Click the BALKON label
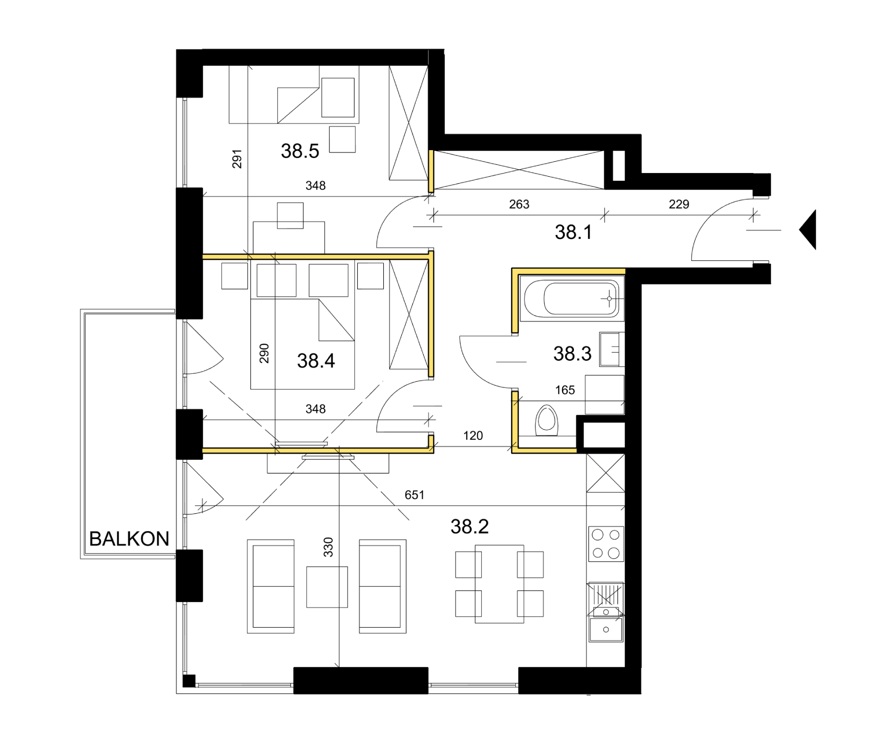(x=129, y=539)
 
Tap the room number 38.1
(x=573, y=232)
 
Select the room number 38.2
(x=469, y=526)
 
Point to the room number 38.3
(x=572, y=353)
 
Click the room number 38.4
(x=316, y=361)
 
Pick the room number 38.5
(x=300, y=151)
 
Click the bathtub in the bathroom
(x=572, y=299)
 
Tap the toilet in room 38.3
(x=546, y=420)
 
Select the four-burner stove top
(x=606, y=544)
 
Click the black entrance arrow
(x=808, y=230)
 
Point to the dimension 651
(x=414, y=495)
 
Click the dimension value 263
(x=519, y=204)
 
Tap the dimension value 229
(x=679, y=204)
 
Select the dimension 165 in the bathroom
(x=565, y=390)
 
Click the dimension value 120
(x=473, y=436)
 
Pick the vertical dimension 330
(x=328, y=547)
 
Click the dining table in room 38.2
(x=500, y=584)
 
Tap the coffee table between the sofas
(x=327, y=587)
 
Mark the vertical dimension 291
(x=237, y=159)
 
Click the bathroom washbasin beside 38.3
(x=611, y=349)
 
